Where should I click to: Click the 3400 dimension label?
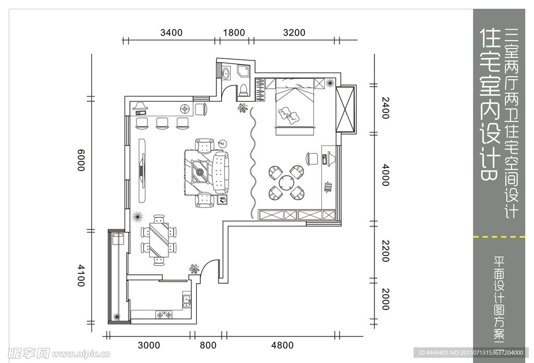(x=171, y=33)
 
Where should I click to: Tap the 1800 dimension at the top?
(x=234, y=33)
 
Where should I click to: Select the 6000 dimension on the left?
(x=81, y=160)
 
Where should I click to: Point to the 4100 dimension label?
(x=81, y=275)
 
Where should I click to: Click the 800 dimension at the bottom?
(x=208, y=345)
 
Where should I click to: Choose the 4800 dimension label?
(x=282, y=345)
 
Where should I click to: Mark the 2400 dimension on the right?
(x=385, y=108)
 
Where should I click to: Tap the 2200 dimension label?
(x=385, y=251)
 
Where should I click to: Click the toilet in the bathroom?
(x=244, y=90)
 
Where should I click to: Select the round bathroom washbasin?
(x=226, y=72)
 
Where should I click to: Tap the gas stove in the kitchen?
(x=164, y=314)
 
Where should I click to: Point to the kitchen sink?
(x=187, y=300)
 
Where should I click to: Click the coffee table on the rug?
(x=200, y=172)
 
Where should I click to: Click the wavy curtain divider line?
(x=252, y=163)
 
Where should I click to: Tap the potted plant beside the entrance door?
(x=195, y=269)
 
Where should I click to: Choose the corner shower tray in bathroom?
(x=244, y=71)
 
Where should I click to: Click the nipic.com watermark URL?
(x=81, y=355)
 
